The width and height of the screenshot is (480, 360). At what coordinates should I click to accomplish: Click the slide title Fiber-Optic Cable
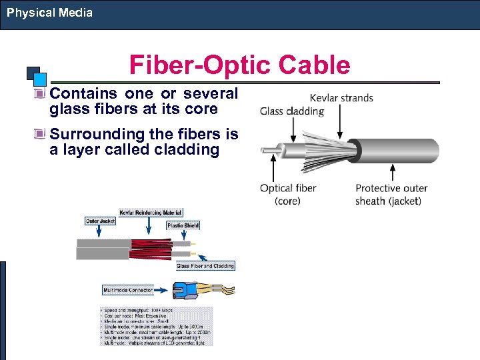[x=239, y=65]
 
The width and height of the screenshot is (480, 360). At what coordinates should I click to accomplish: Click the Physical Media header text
[x=50, y=13]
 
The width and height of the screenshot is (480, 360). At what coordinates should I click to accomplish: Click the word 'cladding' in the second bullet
[x=187, y=149]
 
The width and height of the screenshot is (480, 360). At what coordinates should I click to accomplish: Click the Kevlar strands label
[x=341, y=98]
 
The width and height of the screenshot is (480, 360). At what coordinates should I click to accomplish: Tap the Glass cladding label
[x=291, y=111]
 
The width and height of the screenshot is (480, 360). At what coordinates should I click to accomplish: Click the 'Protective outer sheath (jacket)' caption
[x=391, y=194]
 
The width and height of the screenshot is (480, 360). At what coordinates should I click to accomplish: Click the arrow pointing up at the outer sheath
[x=392, y=173]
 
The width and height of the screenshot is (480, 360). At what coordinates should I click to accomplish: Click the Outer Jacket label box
[x=101, y=221]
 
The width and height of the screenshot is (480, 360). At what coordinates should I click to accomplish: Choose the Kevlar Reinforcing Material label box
[x=151, y=212]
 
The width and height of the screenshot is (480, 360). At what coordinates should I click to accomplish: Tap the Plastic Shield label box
[x=183, y=226]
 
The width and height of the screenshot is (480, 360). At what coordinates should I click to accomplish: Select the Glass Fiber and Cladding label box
[x=205, y=266]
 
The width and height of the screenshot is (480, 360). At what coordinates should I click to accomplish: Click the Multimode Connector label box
[x=127, y=290]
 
